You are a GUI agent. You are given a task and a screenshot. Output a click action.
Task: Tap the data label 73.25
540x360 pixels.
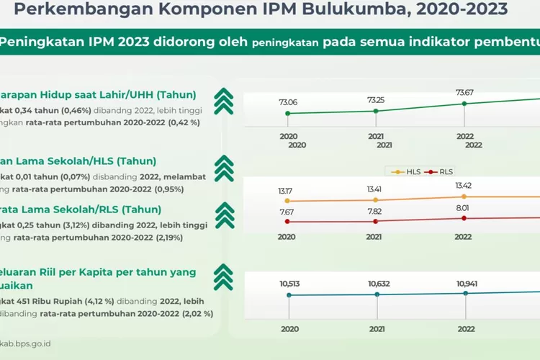(x=375, y=99)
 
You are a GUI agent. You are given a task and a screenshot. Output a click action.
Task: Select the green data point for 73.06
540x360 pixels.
(x=288, y=113)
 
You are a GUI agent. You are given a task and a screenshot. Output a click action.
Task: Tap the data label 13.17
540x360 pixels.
(x=287, y=191)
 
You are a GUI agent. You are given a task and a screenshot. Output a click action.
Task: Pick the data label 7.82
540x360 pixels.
(x=375, y=212)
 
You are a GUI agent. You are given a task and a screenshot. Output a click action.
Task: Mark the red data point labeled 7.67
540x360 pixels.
(x=287, y=222)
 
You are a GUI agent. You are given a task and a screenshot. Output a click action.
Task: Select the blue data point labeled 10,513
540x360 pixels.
(x=289, y=295)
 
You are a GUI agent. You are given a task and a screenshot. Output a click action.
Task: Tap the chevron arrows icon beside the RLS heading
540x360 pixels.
(x=225, y=214)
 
